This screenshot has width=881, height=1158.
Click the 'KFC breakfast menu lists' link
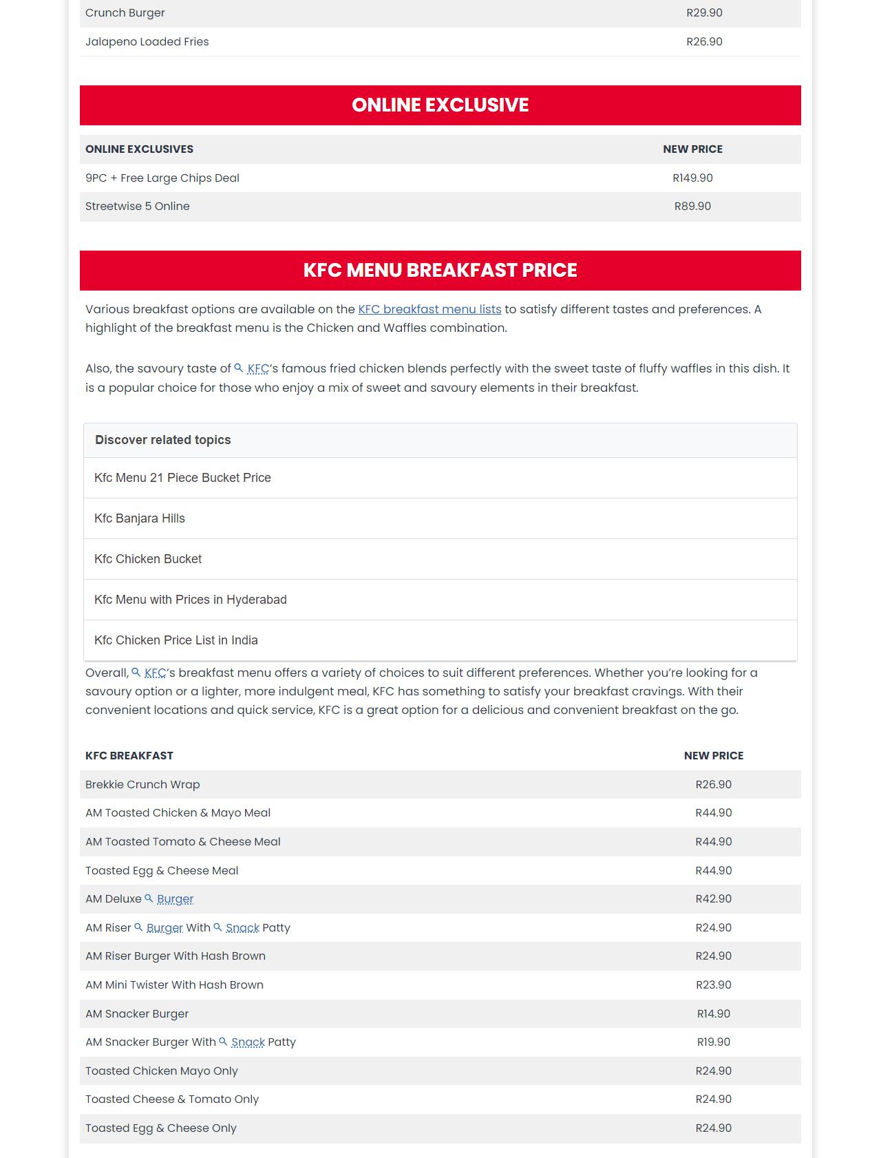click(429, 309)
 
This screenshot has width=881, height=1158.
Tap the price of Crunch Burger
click(704, 13)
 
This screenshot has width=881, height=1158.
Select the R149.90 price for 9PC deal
click(692, 178)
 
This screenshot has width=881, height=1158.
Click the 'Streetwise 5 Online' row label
click(138, 206)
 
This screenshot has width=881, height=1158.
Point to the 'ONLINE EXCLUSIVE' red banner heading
click(440, 105)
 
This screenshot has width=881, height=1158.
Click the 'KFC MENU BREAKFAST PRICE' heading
click(440, 270)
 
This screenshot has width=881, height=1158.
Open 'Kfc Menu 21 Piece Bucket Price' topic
click(182, 478)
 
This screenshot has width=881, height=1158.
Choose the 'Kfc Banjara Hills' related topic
click(140, 518)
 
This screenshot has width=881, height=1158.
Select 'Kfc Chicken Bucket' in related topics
click(148, 559)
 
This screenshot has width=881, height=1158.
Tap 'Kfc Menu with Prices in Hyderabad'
click(191, 600)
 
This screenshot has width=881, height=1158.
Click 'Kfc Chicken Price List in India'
click(176, 640)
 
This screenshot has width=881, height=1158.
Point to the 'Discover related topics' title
click(163, 440)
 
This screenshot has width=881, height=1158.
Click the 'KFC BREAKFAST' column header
click(129, 755)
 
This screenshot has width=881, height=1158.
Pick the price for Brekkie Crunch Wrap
click(713, 784)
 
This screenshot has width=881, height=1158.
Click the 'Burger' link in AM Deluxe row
click(175, 899)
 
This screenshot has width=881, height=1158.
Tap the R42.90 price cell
click(713, 898)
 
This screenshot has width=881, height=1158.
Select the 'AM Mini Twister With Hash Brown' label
click(174, 985)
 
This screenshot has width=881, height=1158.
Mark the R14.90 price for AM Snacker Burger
click(713, 1013)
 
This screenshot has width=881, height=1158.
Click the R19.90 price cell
click(713, 1042)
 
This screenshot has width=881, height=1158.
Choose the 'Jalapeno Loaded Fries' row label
click(147, 41)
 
